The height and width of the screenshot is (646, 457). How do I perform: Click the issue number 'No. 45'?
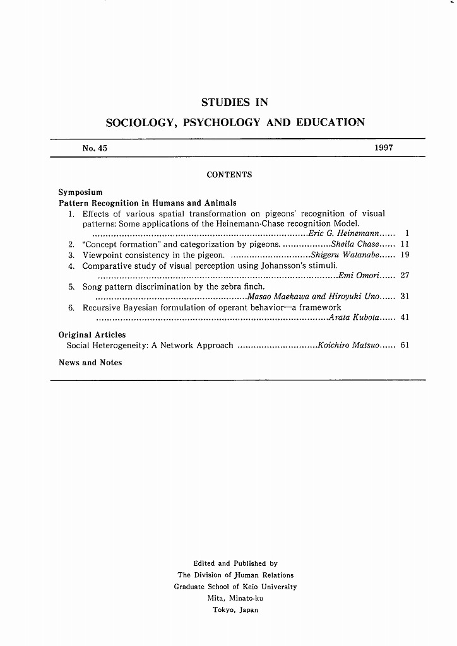click(x=95, y=148)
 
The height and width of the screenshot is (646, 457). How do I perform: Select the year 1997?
click(x=383, y=148)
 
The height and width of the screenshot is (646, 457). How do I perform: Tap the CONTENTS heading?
click(x=229, y=175)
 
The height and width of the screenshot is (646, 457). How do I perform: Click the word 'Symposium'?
click(x=80, y=192)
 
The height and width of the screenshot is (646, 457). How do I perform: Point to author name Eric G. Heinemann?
click(x=343, y=234)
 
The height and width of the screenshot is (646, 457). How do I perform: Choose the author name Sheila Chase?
click(x=355, y=244)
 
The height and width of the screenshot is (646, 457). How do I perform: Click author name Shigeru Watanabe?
click(x=345, y=255)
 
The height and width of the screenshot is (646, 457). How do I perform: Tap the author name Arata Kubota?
click(x=353, y=317)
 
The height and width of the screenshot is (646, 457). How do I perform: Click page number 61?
click(x=405, y=346)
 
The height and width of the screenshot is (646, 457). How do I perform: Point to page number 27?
click(x=405, y=276)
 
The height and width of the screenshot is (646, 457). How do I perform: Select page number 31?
click(x=405, y=297)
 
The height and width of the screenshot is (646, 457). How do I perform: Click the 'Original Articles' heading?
click(x=92, y=335)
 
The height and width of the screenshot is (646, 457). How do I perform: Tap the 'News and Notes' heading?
click(x=90, y=363)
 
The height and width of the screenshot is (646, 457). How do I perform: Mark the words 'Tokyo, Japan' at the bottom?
click(x=235, y=610)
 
